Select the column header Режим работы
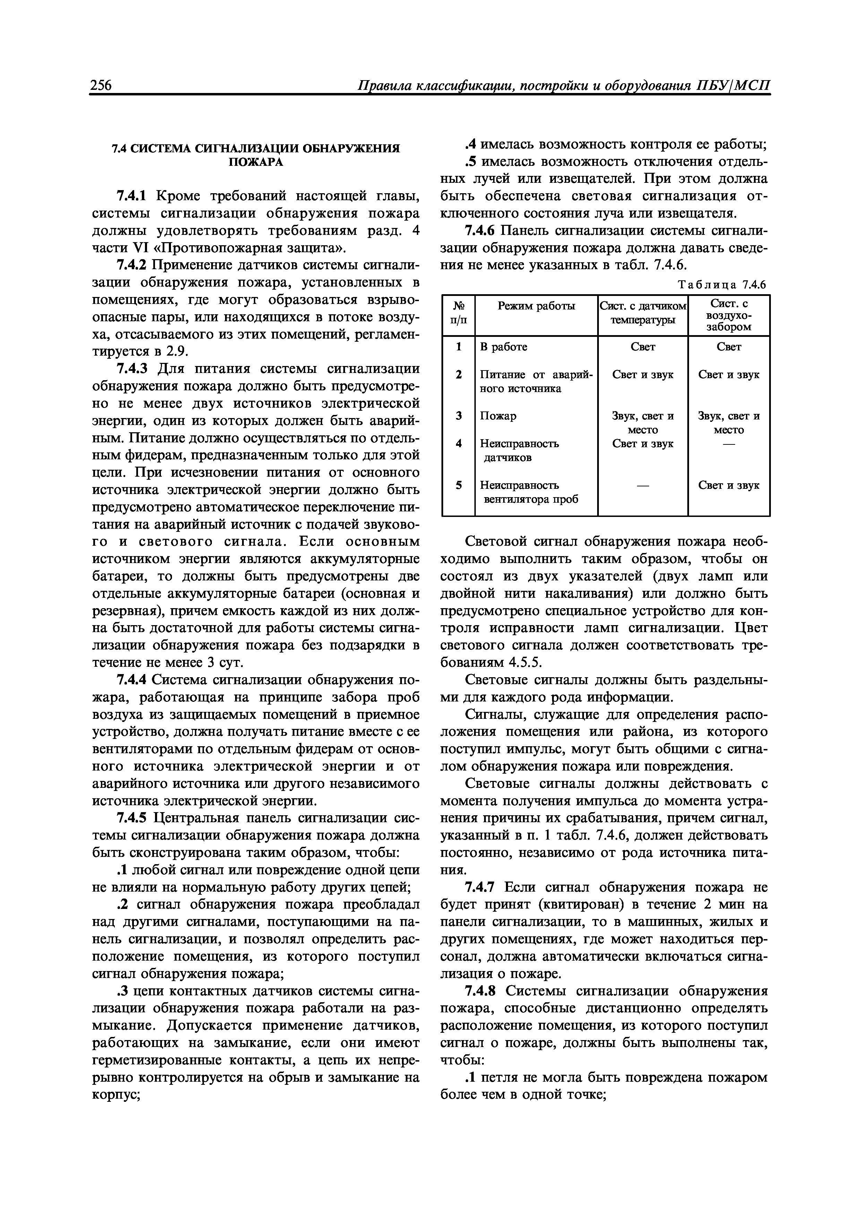(x=536, y=306)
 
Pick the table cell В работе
(x=504, y=347)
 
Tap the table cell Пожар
(x=498, y=416)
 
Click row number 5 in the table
(x=458, y=485)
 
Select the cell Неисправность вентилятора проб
(x=528, y=492)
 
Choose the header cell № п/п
(x=458, y=315)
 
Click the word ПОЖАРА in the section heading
(x=256, y=162)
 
